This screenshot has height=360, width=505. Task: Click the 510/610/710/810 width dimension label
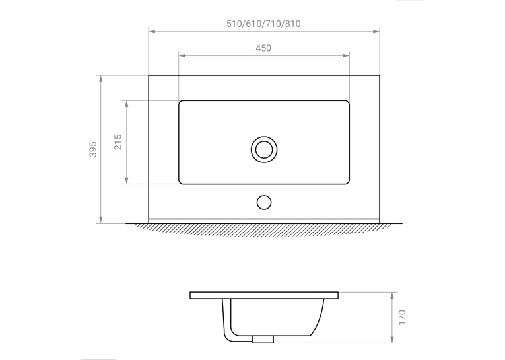[x=263, y=24]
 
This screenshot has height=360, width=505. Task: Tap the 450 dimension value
[x=263, y=48]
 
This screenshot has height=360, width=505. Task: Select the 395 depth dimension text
[x=93, y=149]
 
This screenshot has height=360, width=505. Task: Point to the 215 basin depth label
[x=118, y=142]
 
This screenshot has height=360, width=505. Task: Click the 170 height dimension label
[x=402, y=318]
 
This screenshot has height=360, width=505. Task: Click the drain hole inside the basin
[x=264, y=149]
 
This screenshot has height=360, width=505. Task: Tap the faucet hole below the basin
[x=264, y=202]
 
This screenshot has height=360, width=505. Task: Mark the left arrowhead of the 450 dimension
[x=182, y=55]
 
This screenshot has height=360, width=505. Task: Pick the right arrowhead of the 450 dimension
[x=346, y=55]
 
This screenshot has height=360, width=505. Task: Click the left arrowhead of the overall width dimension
[x=152, y=31]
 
